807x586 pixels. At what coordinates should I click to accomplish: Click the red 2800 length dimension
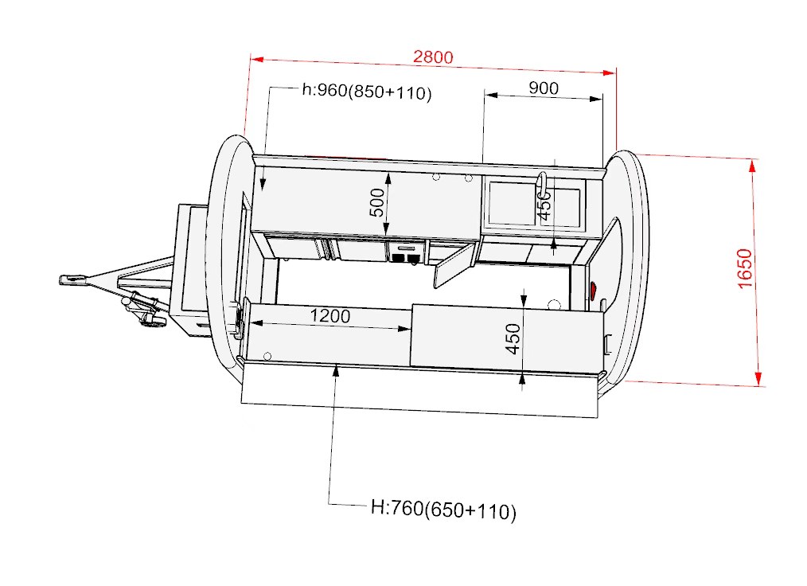tap(433, 57)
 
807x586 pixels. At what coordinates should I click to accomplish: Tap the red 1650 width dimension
tap(745, 268)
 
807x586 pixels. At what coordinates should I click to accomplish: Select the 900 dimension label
tap(544, 88)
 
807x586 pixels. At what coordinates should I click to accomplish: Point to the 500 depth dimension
tap(377, 202)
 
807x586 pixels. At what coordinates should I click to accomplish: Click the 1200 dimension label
tap(330, 315)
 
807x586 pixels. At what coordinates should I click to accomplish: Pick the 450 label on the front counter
tap(513, 339)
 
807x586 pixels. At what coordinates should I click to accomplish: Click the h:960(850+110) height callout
tap(367, 92)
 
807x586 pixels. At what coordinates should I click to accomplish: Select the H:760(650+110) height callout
tap(443, 510)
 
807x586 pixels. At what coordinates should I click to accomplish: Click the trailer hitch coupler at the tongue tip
tap(72, 279)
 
